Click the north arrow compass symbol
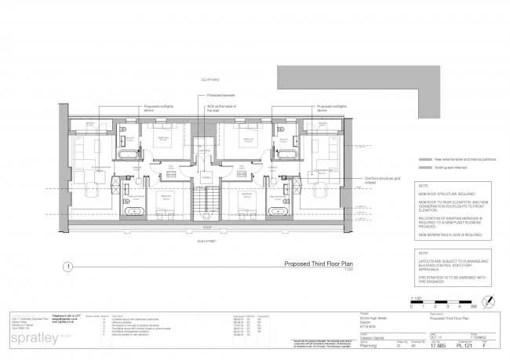coord(490,300)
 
